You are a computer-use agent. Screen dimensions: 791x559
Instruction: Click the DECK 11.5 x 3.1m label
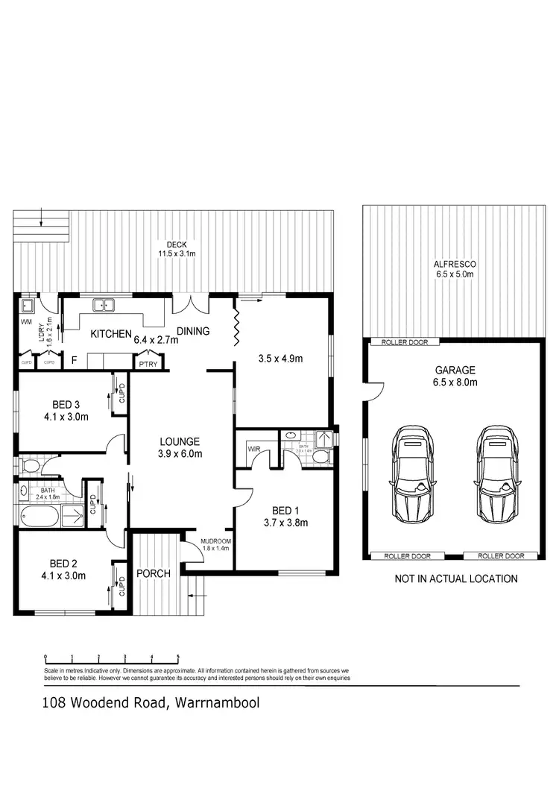coord(177,249)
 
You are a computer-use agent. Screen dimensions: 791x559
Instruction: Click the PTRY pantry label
coord(145,364)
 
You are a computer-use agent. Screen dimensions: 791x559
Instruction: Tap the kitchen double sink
coord(103,304)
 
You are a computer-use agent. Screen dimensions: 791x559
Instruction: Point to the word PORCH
coord(154,573)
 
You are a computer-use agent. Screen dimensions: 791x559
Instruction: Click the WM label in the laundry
coord(25,322)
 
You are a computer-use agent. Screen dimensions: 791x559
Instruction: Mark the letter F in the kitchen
coord(74,360)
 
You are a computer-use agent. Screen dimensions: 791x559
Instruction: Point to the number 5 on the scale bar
coord(178,657)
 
